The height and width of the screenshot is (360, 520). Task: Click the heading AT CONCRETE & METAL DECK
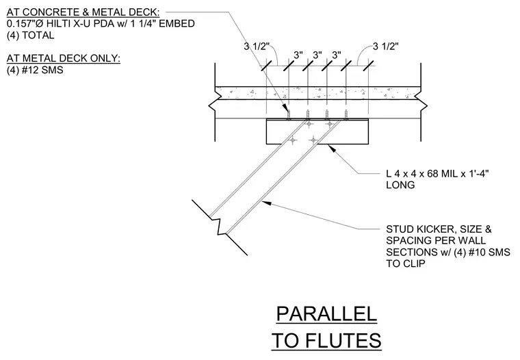[x=83, y=12]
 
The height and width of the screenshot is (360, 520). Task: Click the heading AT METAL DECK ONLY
[x=64, y=58]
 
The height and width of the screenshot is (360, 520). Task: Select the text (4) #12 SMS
[x=35, y=70]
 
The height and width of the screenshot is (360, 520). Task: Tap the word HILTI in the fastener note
[x=61, y=24]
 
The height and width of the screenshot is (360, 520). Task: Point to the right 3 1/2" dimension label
[x=386, y=47]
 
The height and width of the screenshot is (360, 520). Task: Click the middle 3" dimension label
[x=317, y=55]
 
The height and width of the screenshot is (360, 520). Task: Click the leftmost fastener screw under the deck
[x=289, y=115]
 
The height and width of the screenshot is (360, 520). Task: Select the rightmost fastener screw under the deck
[x=346, y=114]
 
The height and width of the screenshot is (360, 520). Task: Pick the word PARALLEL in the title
[x=326, y=314]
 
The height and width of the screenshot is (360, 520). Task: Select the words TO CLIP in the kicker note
[x=405, y=263]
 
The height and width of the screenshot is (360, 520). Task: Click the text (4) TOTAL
[x=30, y=36]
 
